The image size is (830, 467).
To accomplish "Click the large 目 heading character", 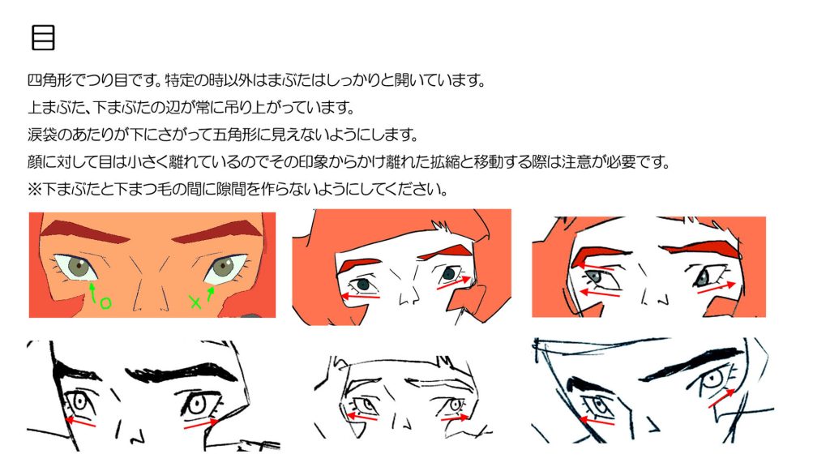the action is point(43,37).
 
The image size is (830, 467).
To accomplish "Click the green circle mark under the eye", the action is point(106,303).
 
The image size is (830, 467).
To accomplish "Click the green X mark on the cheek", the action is point(195,302).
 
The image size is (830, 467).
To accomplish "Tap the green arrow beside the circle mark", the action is point(93,292).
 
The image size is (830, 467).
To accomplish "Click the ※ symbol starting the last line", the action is point(34,189).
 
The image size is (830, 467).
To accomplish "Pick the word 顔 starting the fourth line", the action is point(34,161).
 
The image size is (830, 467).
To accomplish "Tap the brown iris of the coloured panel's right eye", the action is point(223,265).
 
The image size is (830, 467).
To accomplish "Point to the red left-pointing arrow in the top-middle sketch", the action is point(360,296).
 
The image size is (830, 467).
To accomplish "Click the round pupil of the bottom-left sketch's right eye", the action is point(197,405).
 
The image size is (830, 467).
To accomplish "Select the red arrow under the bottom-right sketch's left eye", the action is point(597,422).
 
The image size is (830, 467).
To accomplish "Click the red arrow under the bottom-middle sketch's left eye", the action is point(363,418).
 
